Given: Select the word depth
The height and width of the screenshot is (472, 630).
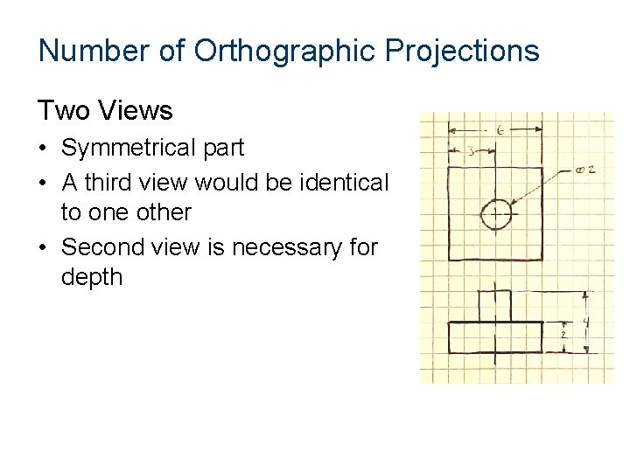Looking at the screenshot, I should coord(92,278).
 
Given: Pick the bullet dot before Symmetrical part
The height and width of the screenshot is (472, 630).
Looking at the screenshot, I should coord(45,149).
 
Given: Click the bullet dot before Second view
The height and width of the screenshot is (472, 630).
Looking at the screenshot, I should coord(45,247).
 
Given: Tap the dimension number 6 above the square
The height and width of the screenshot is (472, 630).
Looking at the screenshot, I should coord(499,130).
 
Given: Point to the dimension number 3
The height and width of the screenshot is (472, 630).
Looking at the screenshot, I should coord(471,152).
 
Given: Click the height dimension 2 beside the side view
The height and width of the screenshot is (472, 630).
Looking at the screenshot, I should coord(563,336).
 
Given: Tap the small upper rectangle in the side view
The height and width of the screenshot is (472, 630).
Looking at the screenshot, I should coord(494,306).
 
